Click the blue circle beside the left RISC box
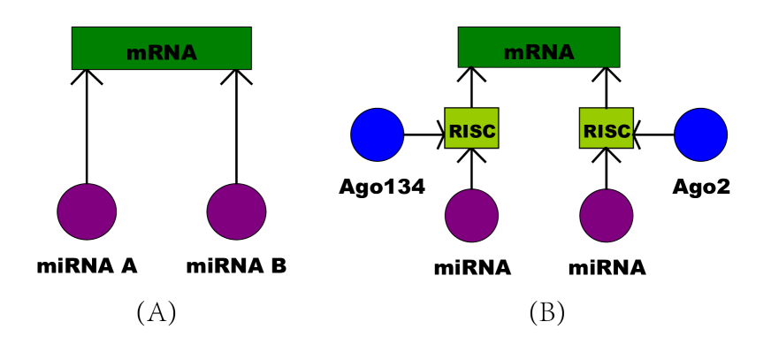pos(378,134)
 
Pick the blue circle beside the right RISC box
pos(700,134)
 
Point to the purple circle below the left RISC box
pos(471,215)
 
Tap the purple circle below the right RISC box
pos(606,215)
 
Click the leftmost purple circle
pos(87,211)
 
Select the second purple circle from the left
pos(236,211)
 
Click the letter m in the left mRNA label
pos(136,54)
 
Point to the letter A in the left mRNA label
pos(187,53)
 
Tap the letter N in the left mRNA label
pos(170,53)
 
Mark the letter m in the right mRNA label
pos(514,54)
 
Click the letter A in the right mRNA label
pos(565,53)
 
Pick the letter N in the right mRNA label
pos(547,53)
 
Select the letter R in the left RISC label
pos(455,132)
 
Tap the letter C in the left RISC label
pos(488,132)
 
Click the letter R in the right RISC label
pos(590,132)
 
